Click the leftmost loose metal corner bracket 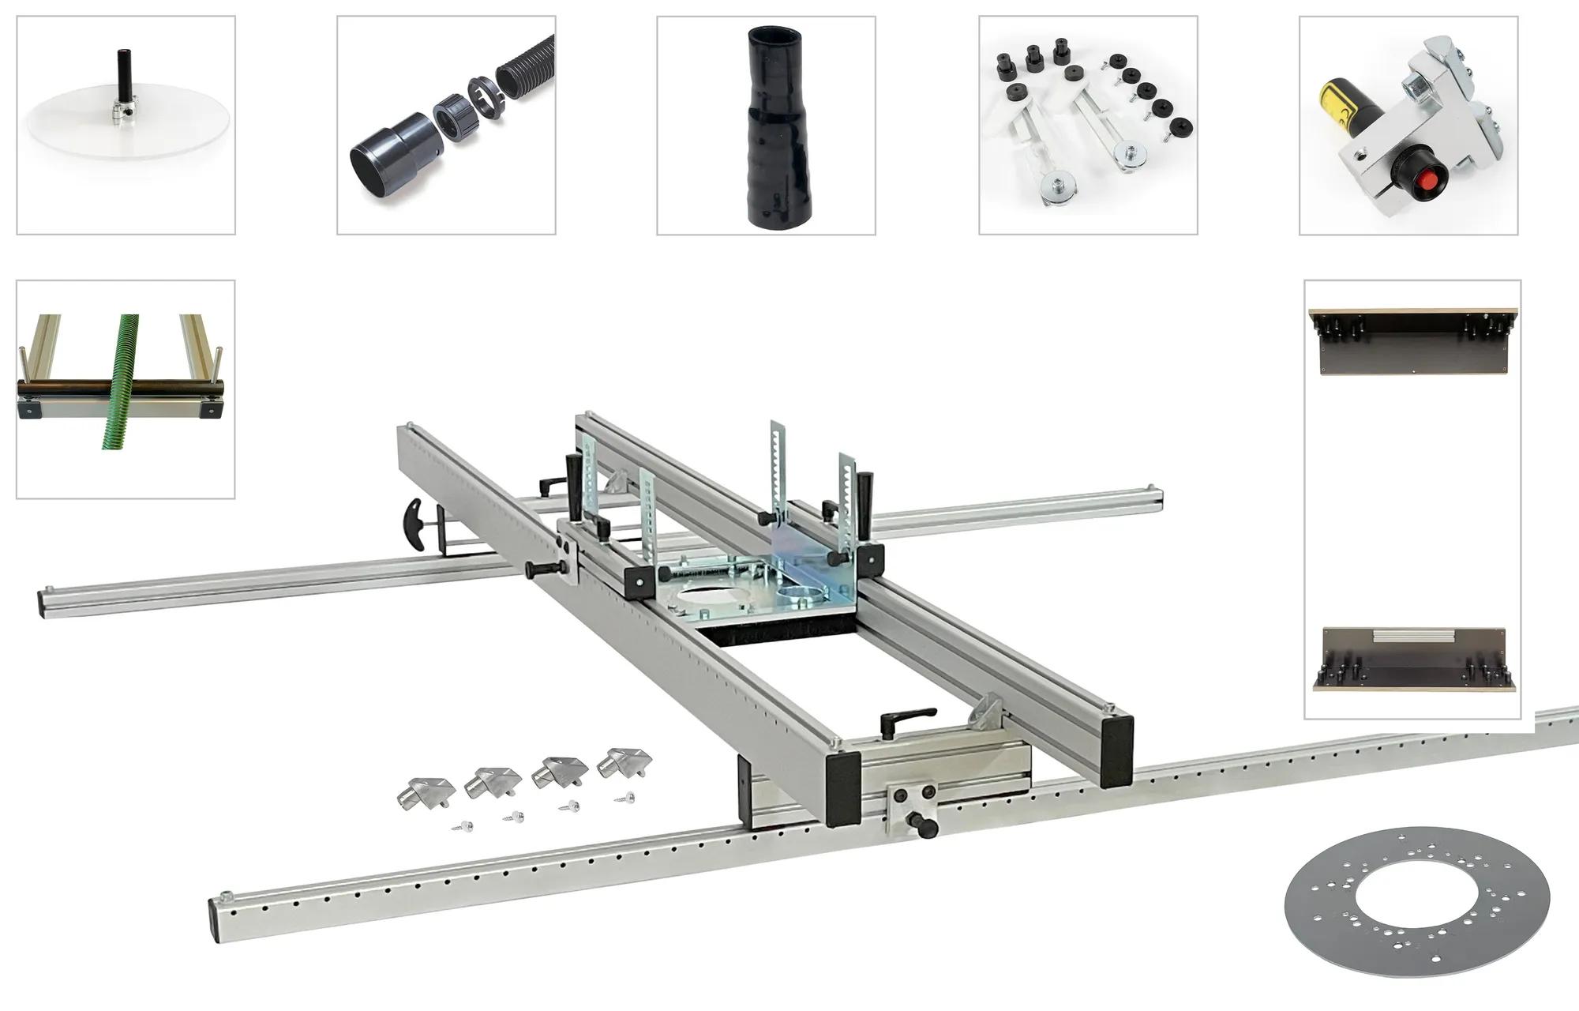(426, 791)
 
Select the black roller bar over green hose (118, 389)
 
